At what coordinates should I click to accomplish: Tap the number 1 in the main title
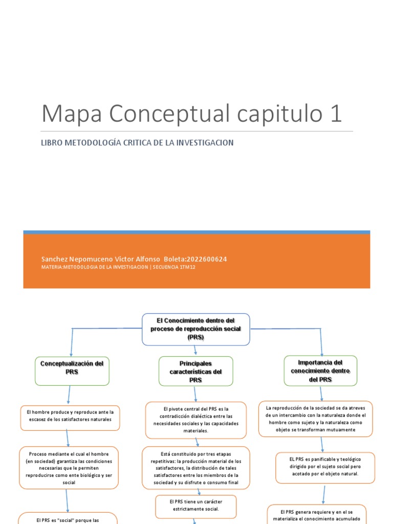coord(336,113)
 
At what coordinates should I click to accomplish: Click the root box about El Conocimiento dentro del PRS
coord(195,329)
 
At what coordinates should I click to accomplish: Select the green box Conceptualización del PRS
coord(72,370)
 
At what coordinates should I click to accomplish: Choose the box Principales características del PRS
coord(195,371)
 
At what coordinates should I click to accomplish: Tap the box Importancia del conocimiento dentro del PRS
coord(321,370)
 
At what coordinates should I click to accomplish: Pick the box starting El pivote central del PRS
coord(195,420)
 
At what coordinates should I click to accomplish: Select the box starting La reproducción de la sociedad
coord(316,419)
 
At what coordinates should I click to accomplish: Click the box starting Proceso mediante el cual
coord(69,468)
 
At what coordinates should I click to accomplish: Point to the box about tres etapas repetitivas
coord(195,468)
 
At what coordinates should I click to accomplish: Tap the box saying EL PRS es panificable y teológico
coord(325,467)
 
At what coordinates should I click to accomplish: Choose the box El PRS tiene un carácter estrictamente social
coord(195,505)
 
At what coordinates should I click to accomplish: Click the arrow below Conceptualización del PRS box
coord(69,395)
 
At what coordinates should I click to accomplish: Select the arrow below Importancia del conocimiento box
coord(321,393)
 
